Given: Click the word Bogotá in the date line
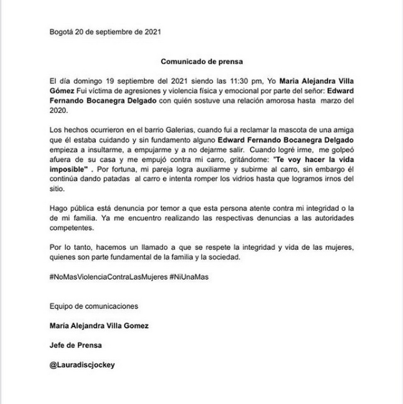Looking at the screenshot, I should point(61,32).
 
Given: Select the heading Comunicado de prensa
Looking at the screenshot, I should point(201,61).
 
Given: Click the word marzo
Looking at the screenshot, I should point(331,101).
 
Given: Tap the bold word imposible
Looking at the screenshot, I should point(69,169).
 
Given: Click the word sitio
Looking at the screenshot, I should point(57,189).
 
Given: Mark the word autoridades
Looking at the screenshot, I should point(334,218).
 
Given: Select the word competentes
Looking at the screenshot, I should point(71,228).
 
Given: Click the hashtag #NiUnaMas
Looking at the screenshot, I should point(189,277).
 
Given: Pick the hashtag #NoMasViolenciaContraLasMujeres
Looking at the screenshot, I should point(108,277).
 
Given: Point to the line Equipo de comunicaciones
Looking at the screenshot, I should point(94,306).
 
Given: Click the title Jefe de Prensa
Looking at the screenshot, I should point(76,345).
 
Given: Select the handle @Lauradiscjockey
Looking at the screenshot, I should point(82,365).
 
